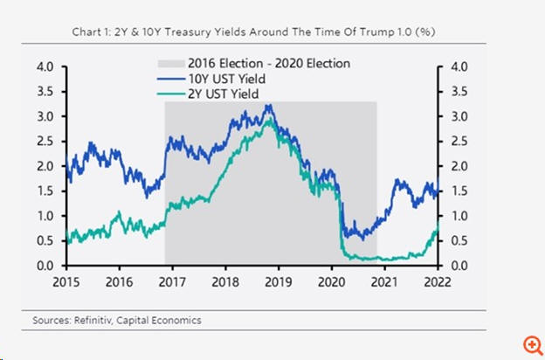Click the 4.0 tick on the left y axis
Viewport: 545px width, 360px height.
[44, 66]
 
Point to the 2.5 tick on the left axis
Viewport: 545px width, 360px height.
[44, 142]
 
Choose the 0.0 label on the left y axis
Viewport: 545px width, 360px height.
[44, 266]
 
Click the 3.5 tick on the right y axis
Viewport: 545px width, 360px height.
[457, 92]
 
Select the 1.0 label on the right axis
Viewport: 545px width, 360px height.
[457, 216]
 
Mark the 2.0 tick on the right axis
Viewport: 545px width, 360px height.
[457, 166]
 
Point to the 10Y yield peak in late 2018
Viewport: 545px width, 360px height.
[269, 107]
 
